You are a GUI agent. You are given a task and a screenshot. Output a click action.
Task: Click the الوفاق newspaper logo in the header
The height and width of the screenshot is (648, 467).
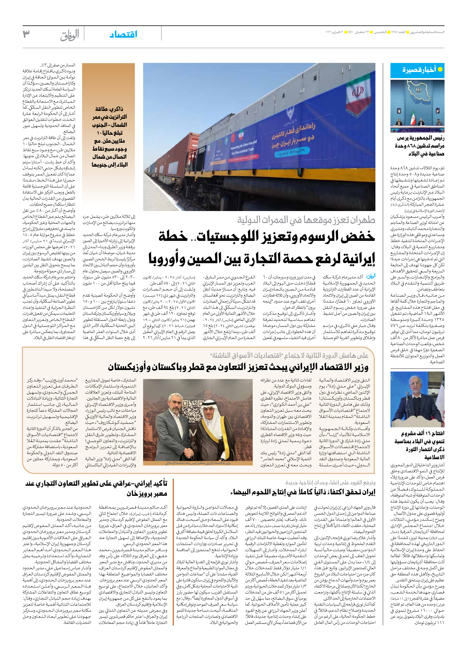tap(70, 35)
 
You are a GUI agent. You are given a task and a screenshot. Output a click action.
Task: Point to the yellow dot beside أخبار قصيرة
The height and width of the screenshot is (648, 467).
tap(440, 70)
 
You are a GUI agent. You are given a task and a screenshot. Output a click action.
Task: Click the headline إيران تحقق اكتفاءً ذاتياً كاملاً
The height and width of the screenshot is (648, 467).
tap(303, 492)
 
